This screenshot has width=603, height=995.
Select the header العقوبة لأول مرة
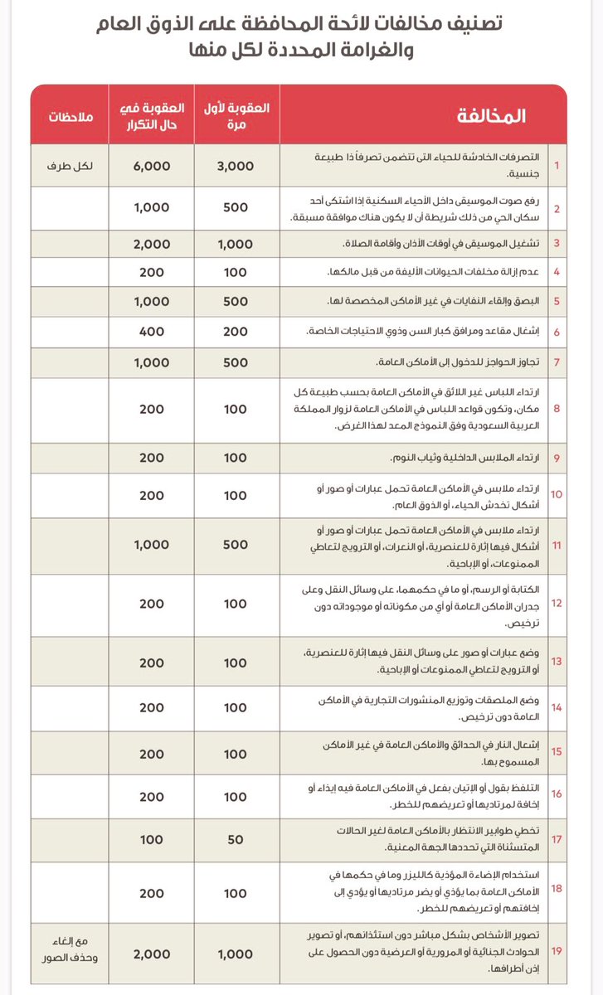(235, 115)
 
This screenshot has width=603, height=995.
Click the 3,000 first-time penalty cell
(235, 166)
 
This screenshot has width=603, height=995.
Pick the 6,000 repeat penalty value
(152, 166)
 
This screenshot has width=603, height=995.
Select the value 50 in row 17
(235, 839)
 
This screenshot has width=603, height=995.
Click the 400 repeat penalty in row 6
(152, 330)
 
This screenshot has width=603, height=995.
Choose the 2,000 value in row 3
(152, 244)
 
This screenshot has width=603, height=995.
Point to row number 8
(557, 410)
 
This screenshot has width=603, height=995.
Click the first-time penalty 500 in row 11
(235, 545)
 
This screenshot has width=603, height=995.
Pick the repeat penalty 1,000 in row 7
(152, 362)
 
